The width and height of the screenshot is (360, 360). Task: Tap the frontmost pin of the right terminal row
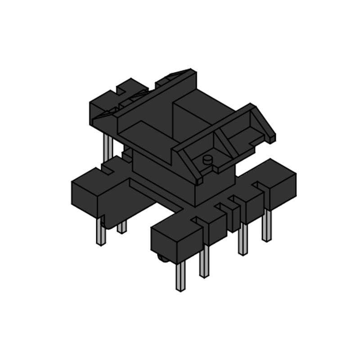coord(180,276)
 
